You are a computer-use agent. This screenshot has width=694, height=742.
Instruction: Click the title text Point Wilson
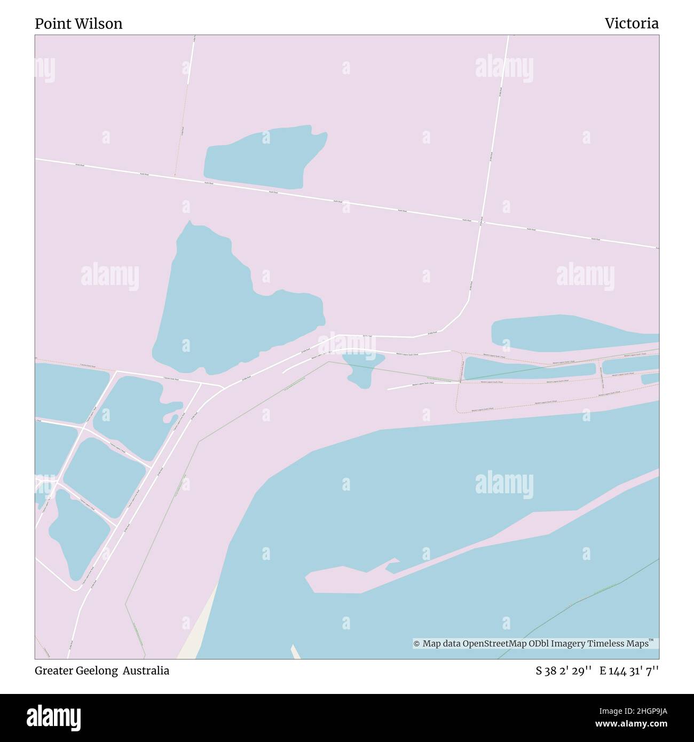78,23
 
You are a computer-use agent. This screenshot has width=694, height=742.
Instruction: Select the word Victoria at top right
632,23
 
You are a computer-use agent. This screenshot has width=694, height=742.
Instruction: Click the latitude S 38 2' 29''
563,671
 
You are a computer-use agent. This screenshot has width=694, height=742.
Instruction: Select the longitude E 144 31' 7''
629,671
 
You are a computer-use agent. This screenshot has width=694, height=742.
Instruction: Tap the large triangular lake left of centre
219,310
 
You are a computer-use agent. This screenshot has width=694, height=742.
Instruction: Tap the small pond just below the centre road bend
363,368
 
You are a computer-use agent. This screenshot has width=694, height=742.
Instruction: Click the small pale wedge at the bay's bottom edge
295,652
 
